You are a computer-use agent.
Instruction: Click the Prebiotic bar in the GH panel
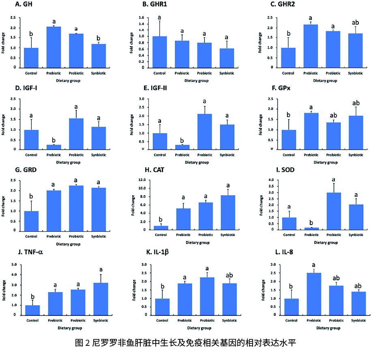[x=54, y=47]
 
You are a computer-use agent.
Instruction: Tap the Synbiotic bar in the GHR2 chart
[x=356, y=50]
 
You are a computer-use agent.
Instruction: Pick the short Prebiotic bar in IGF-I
[x=54, y=147]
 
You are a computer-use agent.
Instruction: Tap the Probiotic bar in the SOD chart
[x=333, y=211]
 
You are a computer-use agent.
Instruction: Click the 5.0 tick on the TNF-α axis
[x=15, y=265]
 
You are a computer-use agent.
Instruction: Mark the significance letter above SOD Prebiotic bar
[x=311, y=222]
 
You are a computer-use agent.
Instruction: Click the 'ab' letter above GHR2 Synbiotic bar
[x=356, y=23]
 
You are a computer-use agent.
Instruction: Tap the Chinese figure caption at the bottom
[x=186, y=343]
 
